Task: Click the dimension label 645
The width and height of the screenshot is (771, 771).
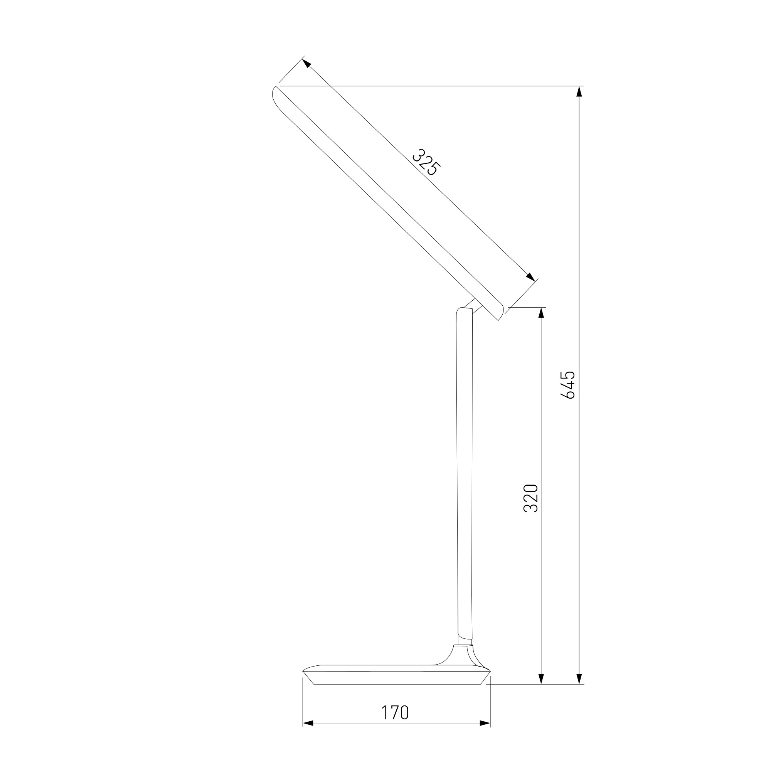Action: coord(568,385)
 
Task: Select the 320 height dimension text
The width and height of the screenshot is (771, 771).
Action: coord(531,498)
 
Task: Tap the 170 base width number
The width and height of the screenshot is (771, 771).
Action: coord(395,713)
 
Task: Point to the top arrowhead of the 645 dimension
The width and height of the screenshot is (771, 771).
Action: coord(579,91)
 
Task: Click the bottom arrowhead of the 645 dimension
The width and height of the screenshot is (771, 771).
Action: coord(579,679)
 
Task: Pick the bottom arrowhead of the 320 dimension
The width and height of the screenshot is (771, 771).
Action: coord(542,679)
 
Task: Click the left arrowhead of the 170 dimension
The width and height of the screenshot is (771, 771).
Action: coord(308,734)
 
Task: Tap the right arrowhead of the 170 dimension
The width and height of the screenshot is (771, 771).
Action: coord(485,734)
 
